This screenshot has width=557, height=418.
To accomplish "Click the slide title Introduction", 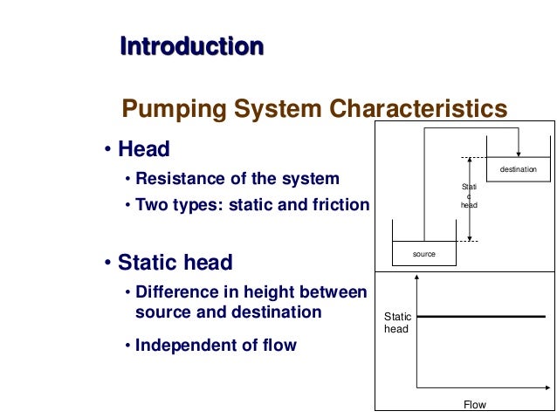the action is pyautogui.click(x=191, y=45).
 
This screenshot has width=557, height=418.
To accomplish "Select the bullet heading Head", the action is pyautogui.click(x=144, y=149).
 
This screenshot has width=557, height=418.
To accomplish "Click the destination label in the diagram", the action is pyautogui.click(x=519, y=169).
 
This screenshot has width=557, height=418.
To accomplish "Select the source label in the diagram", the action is pyautogui.click(x=423, y=254).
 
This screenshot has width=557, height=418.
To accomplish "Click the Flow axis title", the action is pyautogui.click(x=474, y=404).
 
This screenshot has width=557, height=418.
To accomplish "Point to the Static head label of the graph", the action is pyautogui.click(x=397, y=322).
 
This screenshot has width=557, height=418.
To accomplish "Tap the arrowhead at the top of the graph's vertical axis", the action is pyautogui.click(x=419, y=278).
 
